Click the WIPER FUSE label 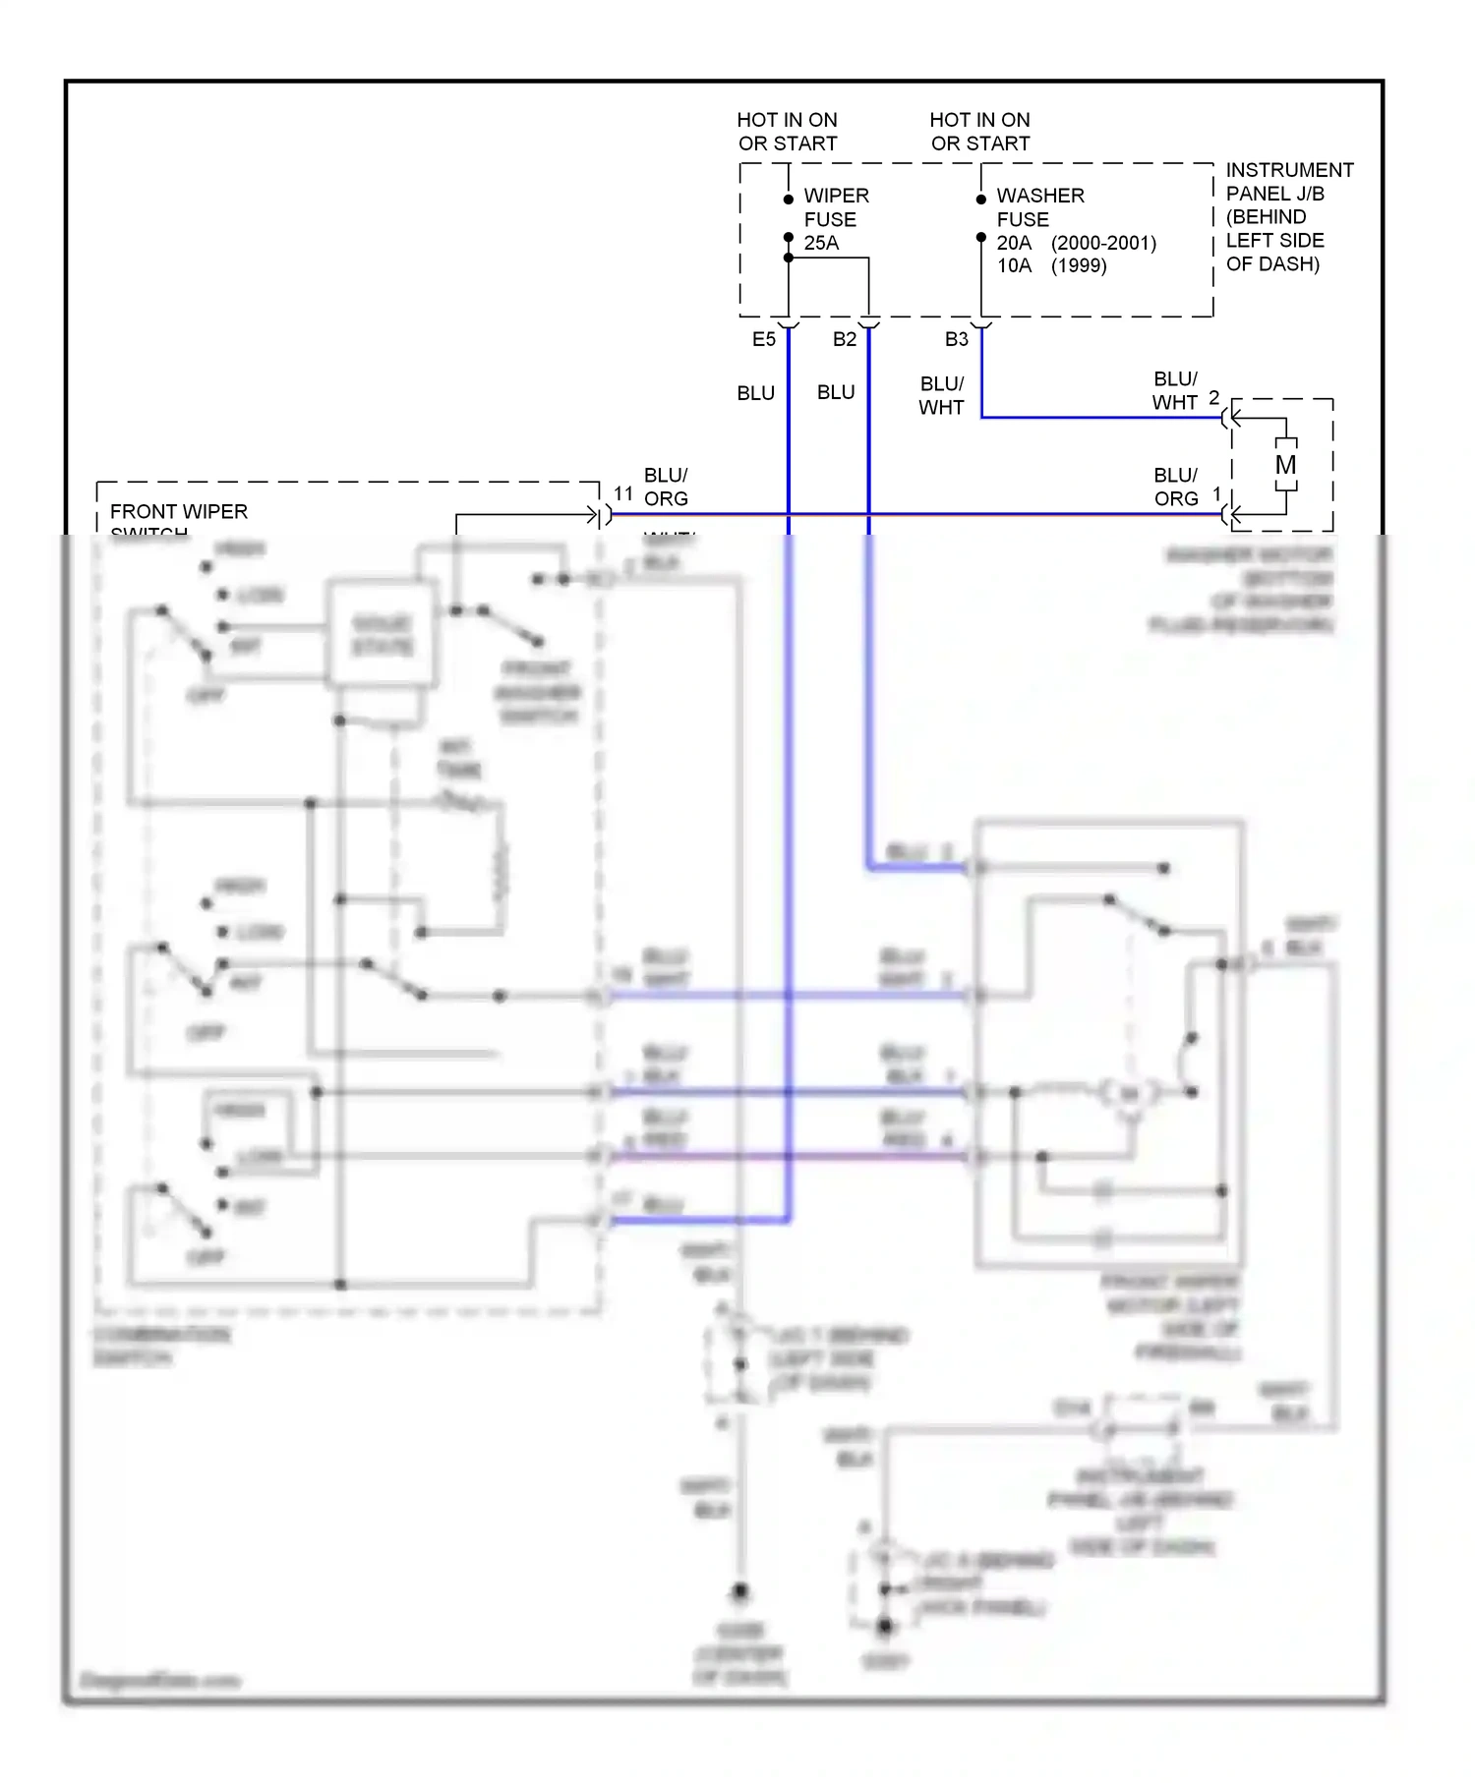click(x=836, y=207)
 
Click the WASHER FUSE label click(x=1039, y=207)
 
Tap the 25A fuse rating click(x=821, y=243)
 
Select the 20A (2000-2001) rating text click(x=1076, y=243)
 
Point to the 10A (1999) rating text click(x=1051, y=265)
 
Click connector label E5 click(x=764, y=339)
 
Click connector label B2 click(x=845, y=339)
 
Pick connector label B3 click(x=957, y=339)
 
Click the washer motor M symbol click(x=1285, y=465)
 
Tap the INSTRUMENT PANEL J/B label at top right click(x=1288, y=216)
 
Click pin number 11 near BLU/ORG click(x=623, y=494)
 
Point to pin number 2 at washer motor click(x=1214, y=397)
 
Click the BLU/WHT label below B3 click(x=941, y=395)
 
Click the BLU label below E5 click(x=755, y=393)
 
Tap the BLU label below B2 click(x=836, y=392)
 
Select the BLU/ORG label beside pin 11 click(x=666, y=487)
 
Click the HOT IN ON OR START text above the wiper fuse click(x=788, y=132)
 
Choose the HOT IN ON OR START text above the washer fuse click(x=980, y=132)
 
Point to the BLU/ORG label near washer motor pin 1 click(x=1176, y=487)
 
